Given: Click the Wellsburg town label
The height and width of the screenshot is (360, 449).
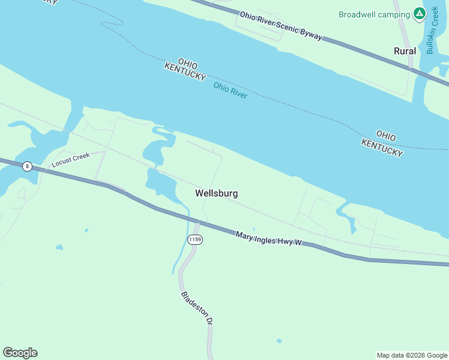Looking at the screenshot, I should (x=216, y=193).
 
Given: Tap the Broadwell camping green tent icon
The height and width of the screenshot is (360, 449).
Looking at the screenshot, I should (x=419, y=14).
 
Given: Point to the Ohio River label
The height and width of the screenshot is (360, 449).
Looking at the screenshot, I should (x=231, y=90).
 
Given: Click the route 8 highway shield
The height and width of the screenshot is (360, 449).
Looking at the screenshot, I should (x=27, y=166).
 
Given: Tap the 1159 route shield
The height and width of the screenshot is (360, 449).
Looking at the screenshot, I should (x=194, y=240).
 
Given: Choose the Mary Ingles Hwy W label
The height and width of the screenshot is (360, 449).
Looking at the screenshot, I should (x=267, y=238).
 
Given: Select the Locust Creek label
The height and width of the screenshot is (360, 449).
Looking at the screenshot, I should (x=70, y=160).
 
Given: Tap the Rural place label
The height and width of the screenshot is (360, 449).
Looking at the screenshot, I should (x=405, y=51).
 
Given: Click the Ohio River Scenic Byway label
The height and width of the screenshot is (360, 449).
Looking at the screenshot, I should (x=281, y=26).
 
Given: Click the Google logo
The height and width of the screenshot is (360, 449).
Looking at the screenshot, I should (x=20, y=352).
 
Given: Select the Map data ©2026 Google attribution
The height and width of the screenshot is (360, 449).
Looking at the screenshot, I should (x=412, y=355).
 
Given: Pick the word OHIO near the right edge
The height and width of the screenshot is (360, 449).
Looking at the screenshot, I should (x=387, y=135).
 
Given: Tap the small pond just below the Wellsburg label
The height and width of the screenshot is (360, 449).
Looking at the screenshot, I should (x=255, y=229).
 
